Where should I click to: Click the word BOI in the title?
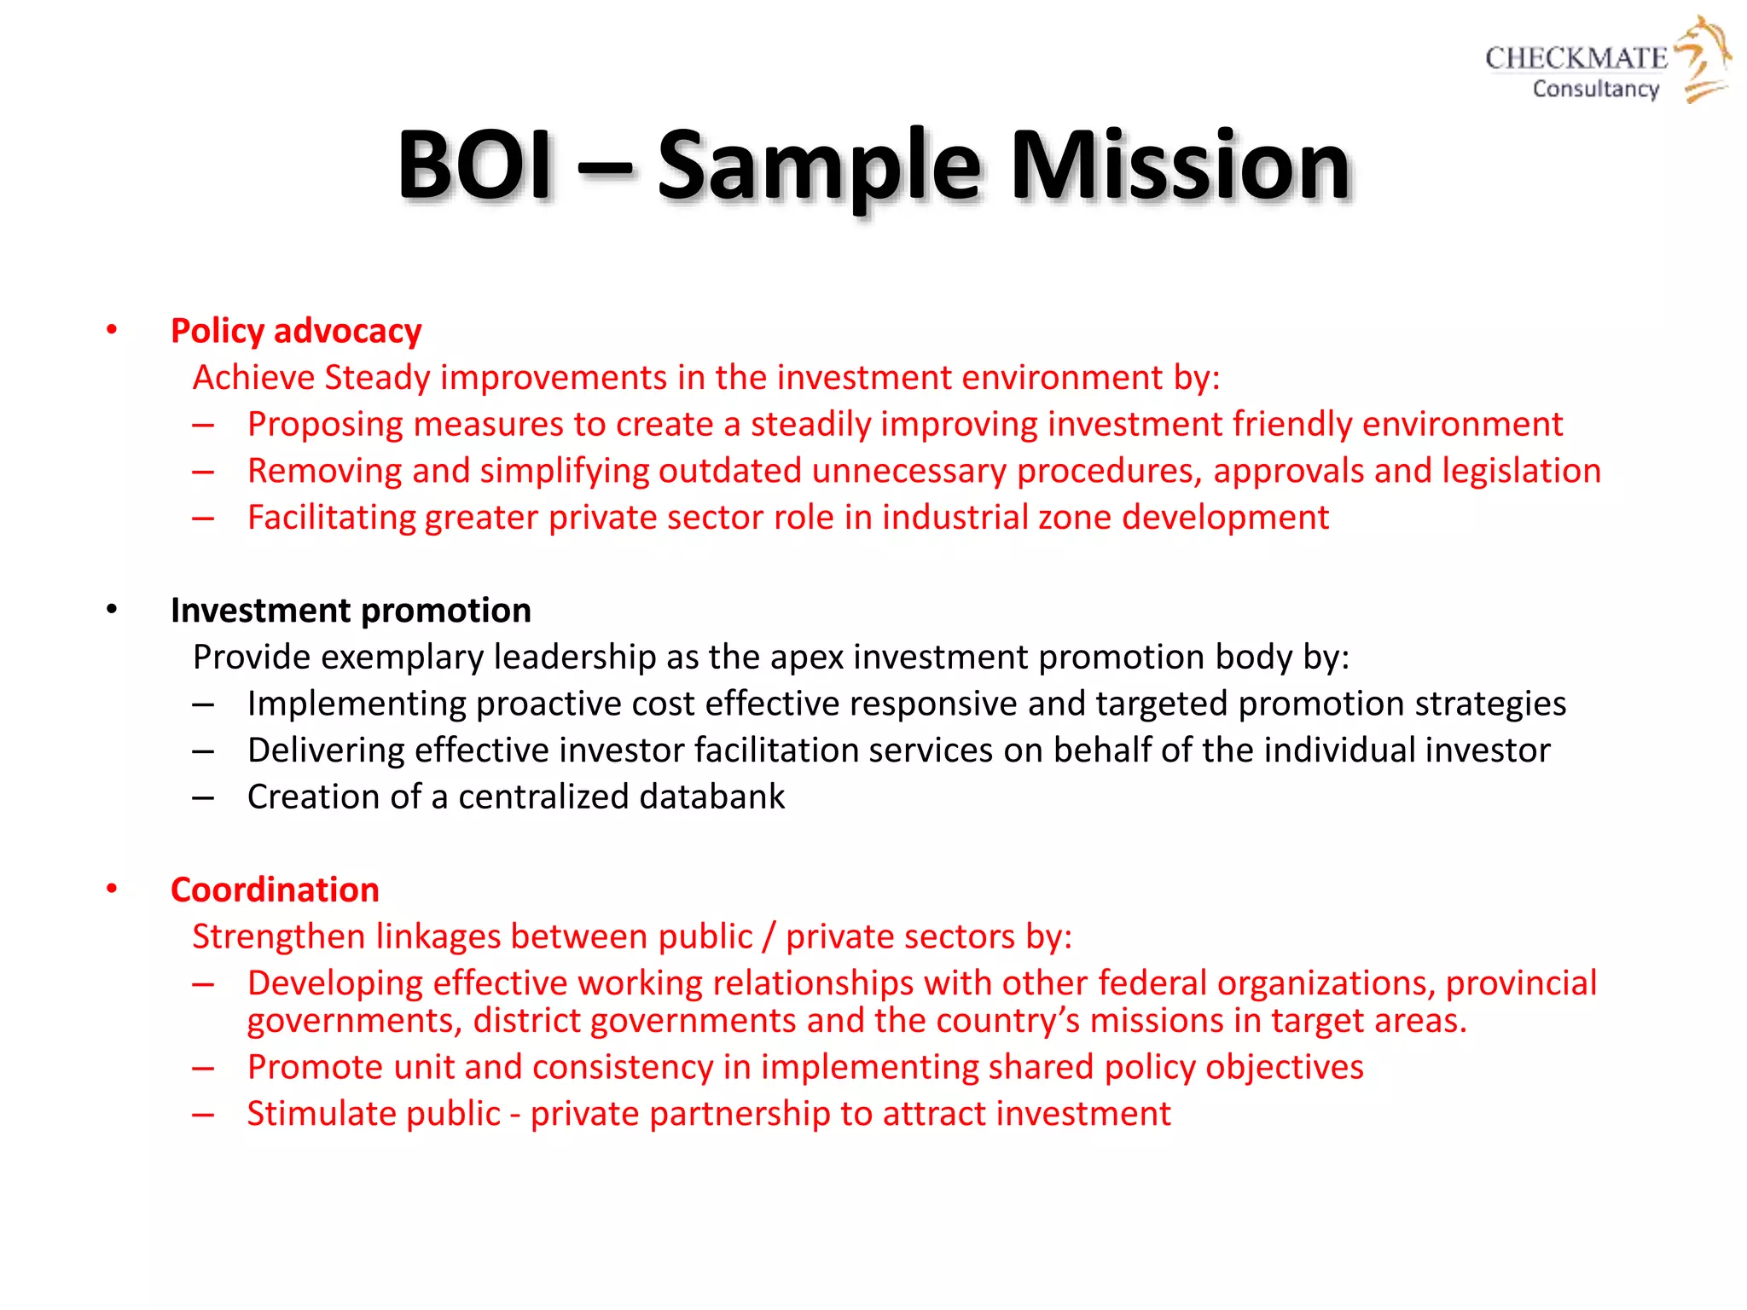475,165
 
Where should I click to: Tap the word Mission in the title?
1181,165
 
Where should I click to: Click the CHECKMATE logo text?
1576,58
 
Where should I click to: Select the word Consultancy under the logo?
1595,89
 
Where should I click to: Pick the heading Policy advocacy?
296,331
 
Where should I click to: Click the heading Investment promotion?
351,611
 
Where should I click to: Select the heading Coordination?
275,890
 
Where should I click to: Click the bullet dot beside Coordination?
112,889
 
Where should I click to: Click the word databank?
711,797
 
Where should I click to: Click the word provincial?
1520,983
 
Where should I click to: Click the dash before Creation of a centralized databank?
203,797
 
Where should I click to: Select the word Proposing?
325,425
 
